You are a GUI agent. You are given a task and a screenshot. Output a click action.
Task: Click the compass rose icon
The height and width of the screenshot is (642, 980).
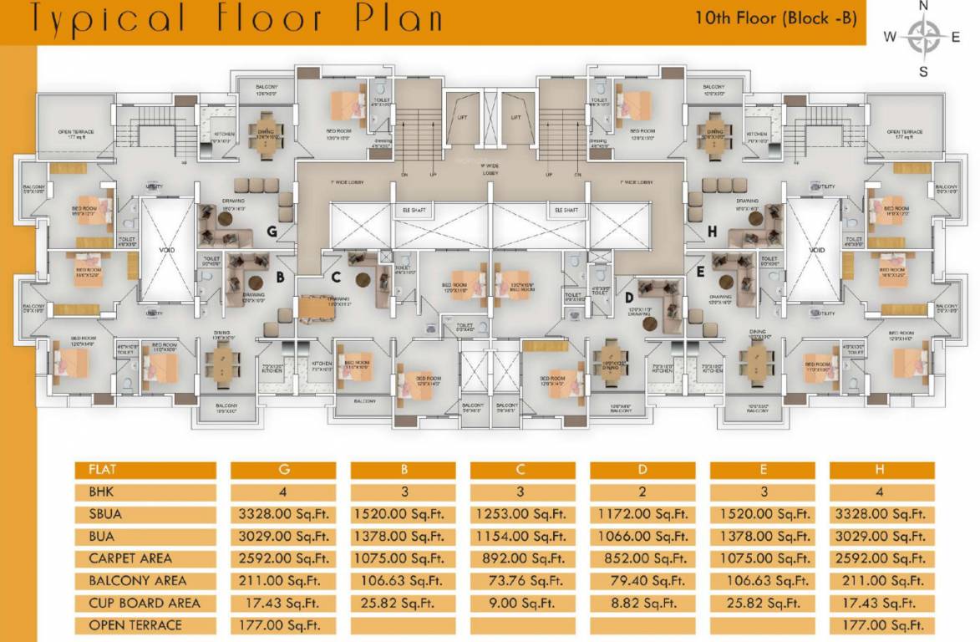[923, 37]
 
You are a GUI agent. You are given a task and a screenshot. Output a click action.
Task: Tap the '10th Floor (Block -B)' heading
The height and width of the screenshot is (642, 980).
[776, 18]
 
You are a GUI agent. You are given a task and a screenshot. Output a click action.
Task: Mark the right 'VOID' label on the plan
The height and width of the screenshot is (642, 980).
[815, 250]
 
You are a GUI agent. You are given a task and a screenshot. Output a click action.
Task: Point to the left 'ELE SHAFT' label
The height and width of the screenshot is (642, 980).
[413, 211]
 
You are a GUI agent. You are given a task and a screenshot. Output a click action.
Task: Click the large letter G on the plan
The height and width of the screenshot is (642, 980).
[272, 231]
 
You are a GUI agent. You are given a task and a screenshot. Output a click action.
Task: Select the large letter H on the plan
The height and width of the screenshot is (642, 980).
[712, 231]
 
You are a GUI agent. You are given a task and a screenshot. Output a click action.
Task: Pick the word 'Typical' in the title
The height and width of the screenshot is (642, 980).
[93, 19]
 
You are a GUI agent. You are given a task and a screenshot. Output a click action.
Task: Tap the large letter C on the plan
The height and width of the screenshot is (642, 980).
[335, 277]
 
